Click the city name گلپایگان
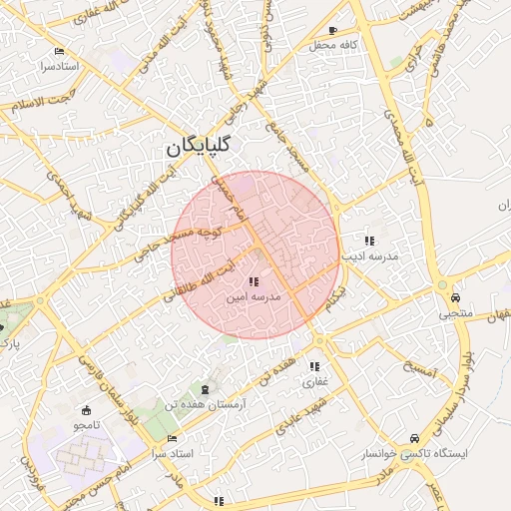(x=200, y=146)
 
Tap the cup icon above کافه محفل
(x=332, y=30)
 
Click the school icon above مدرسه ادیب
(x=370, y=241)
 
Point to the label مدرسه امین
(x=252, y=297)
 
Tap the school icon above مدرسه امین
(x=252, y=282)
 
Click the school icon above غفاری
(x=315, y=366)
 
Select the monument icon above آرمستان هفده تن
(x=206, y=387)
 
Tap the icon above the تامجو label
(x=86, y=410)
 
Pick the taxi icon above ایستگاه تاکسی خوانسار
(x=414, y=437)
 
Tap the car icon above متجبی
(x=455, y=296)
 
